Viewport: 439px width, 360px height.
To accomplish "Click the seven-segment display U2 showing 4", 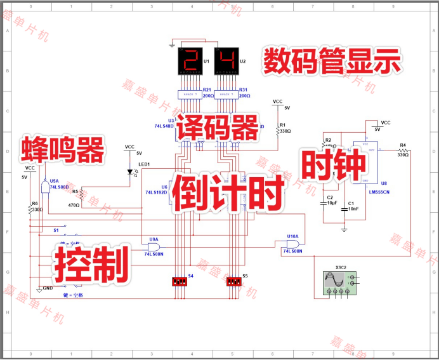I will [x=226, y=62].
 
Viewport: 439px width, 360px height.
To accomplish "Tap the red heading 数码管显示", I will [x=332, y=62].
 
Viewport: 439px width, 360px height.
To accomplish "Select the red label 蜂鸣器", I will [x=63, y=149].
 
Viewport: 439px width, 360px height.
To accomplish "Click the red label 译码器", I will [x=218, y=128].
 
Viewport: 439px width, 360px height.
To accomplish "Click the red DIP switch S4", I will [x=180, y=281].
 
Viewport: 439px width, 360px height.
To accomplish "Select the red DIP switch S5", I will [x=234, y=281].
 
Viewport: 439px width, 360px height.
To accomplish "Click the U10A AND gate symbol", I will [x=292, y=244].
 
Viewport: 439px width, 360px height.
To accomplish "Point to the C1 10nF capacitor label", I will [x=352, y=206].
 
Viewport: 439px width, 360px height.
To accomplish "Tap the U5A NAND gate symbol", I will [x=44, y=187].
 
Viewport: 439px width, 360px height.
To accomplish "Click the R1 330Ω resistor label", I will [x=285, y=128].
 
